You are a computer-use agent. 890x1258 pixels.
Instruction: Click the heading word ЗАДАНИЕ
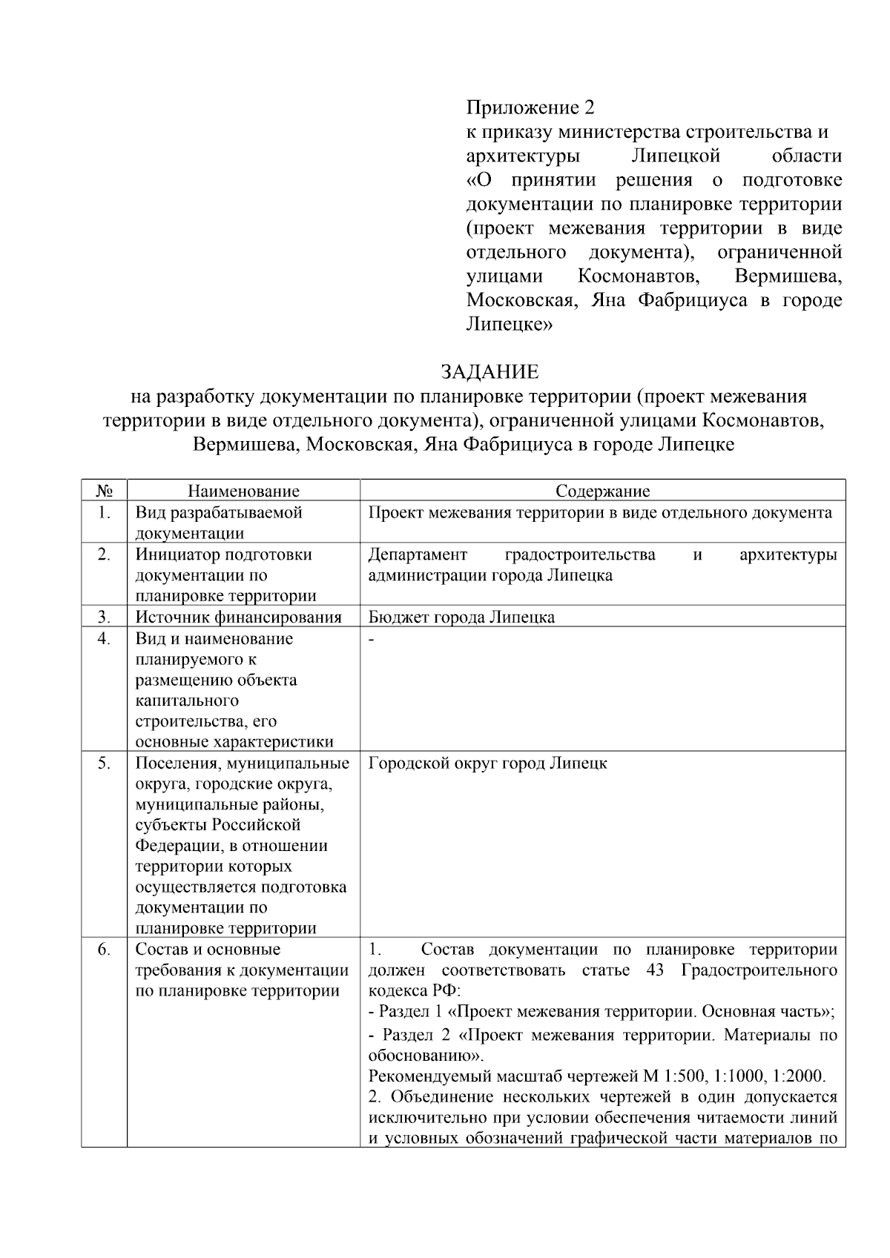click(489, 371)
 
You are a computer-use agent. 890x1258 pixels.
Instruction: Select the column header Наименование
click(243, 491)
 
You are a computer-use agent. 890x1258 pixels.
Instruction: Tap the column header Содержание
click(602, 491)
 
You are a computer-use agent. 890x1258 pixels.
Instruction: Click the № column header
click(104, 491)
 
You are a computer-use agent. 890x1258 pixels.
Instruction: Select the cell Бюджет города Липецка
click(461, 617)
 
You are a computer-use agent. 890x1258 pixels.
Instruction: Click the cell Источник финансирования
click(237, 617)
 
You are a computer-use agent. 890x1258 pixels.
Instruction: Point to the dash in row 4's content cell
click(372, 639)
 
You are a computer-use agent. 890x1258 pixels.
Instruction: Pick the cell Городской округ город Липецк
click(487, 763)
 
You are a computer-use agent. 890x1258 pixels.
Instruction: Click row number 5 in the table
click(104, 763)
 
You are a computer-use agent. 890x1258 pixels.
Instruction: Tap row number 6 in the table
click(104, 950)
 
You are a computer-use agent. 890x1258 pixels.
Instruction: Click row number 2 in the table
click(104, 554)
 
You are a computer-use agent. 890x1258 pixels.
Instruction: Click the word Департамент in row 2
click(418, 554)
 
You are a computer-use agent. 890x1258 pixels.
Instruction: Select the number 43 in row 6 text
click(655, 970)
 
